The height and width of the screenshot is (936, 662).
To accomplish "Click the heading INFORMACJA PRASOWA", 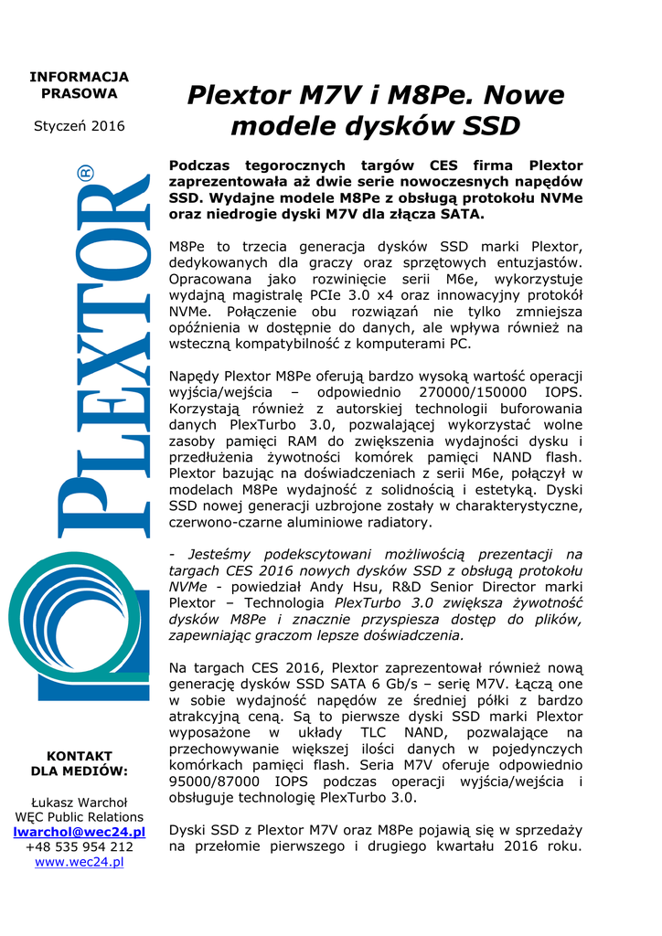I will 79,85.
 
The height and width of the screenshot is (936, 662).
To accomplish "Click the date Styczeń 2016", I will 79,126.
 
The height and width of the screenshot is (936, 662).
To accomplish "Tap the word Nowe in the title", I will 523,95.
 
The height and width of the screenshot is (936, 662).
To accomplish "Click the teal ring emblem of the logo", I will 55,631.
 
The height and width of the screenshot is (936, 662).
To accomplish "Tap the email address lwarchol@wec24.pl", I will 79,832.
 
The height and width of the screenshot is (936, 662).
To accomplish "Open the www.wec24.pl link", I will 79,862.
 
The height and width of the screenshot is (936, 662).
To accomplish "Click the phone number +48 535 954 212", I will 79,847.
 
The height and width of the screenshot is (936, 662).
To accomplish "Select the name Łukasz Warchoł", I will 79,802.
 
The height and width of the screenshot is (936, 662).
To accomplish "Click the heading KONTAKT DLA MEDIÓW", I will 79,763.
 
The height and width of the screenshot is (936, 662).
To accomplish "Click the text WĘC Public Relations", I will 79,817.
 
